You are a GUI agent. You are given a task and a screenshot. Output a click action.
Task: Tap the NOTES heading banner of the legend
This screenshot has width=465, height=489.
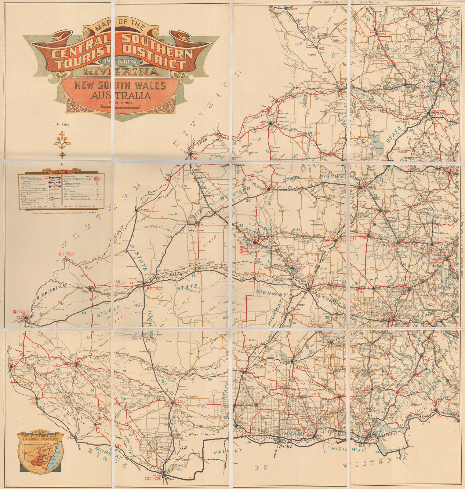61,172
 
